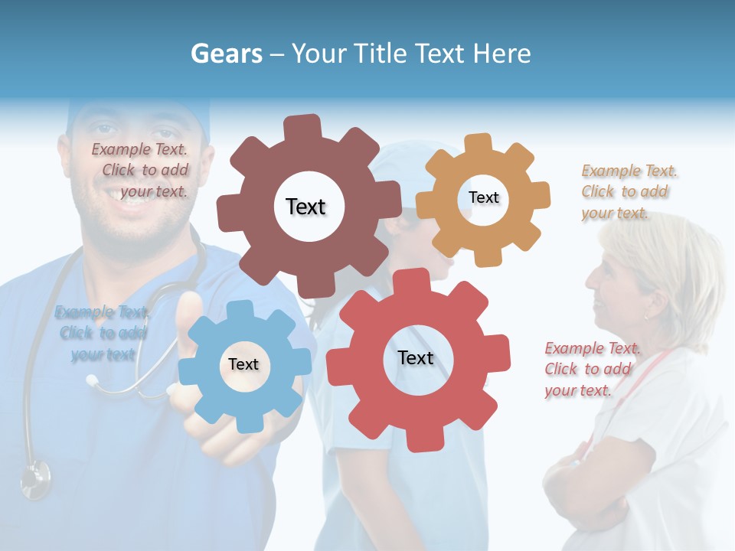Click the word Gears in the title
tap(227, 54)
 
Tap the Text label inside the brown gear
tap(305, 207)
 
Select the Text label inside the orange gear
tap(483, 197)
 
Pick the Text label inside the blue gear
tap(243, 364)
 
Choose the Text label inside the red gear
tap(416, 357)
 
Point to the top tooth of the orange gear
tap(478, 144)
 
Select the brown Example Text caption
tap(141, 171)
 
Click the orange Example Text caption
tap(628, 192)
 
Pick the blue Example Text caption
tap(103, 333)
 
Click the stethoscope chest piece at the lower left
tap(34, 481)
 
